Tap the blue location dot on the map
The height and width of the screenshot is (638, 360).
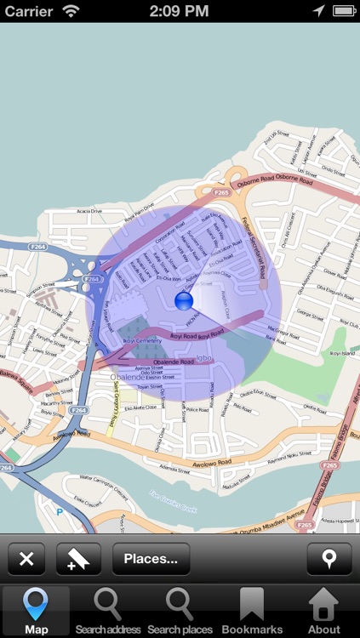coord(184,301)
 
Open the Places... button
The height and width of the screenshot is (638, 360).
coord(151,559)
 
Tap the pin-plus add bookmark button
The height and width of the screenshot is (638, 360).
coord(78,559)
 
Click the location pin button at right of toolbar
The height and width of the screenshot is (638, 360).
coord(328,559)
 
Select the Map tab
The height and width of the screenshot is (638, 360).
coord(36,611)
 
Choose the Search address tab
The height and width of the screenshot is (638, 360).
coord(107,611)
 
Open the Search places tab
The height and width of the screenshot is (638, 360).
coord(180,611)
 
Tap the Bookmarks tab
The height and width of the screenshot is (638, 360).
coord(252,611)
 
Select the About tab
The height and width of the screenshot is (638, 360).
coord(323,611)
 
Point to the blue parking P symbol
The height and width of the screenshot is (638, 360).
coord(59,512)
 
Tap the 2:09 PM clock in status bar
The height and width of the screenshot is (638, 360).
coord(180,11)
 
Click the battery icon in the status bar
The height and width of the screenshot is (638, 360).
coord(344,11)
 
